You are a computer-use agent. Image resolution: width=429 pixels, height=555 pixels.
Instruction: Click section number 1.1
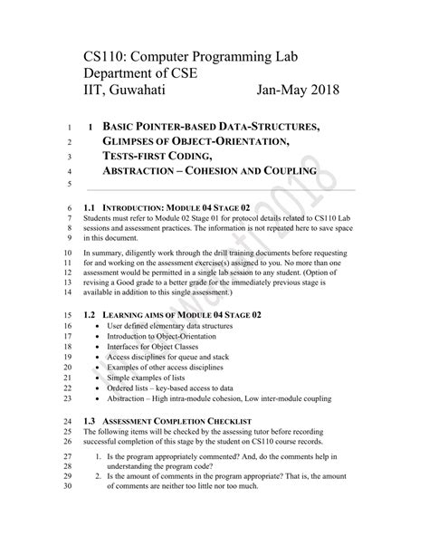tap(89, 208)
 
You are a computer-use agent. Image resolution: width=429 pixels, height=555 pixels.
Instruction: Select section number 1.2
tap(89, 314)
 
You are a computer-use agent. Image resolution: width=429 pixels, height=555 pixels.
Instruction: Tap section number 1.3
tap(89, 421)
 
